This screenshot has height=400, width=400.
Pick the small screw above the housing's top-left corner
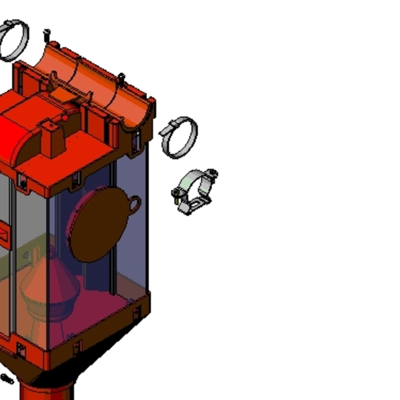click(x=47, y=35)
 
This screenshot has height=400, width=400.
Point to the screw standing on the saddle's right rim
click(x=121, y=78)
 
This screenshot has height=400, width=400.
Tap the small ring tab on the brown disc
click(x=134, y=204)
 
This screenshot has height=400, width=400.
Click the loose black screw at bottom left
click(x=7, y=378)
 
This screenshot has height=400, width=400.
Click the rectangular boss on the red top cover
click(x=53, y=139)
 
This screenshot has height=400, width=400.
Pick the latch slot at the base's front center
click(x=77, y=346)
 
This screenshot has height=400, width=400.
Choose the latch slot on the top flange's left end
click(x=22, y=182)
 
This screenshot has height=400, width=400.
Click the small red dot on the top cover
click(x=65, y=118)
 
